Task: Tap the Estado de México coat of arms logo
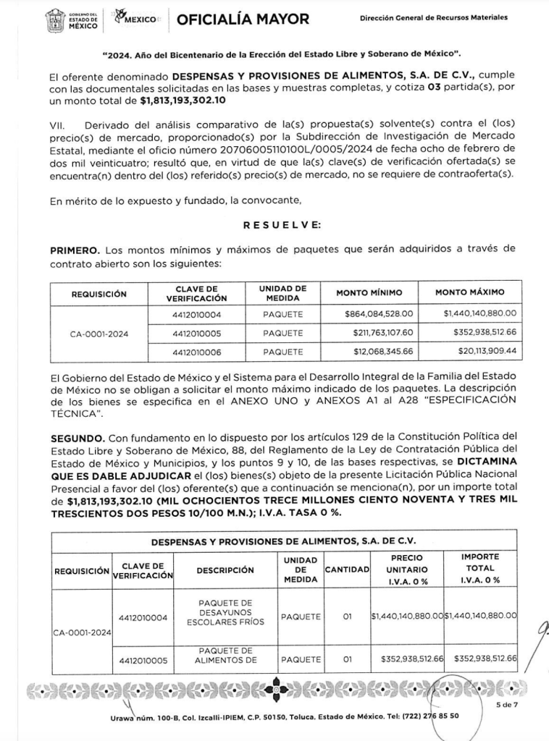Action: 56,20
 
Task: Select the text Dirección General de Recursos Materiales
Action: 433,17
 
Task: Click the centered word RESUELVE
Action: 282,226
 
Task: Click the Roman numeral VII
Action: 57,125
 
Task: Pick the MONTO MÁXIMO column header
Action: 469,293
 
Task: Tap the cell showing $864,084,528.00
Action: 378,314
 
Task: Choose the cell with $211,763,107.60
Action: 379,333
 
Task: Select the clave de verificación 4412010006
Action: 196,352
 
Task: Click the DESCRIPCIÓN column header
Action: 225,570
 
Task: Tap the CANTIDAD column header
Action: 347,570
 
